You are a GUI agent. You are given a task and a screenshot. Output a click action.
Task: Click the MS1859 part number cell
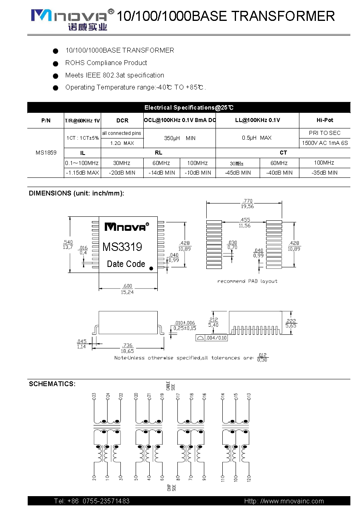coord(46,153)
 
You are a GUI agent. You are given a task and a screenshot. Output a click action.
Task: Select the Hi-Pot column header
coord(325,120)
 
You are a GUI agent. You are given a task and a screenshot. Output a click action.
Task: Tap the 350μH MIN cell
coord(179,138)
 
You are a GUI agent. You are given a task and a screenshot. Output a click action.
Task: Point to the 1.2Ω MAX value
coord(122,143)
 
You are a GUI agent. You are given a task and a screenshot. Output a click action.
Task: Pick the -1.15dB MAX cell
coord(83,173)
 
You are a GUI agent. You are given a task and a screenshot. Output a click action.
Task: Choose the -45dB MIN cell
coord(238,173)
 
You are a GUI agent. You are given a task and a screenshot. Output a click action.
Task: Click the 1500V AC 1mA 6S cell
coord(325,143)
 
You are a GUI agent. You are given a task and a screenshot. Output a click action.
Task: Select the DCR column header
coord(122,120)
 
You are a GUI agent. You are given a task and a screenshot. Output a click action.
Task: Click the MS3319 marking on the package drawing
coord(122,247)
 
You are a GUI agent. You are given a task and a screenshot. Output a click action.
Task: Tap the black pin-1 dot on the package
coord(151,268)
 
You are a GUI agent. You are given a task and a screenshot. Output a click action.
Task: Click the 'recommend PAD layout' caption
coord(247,281)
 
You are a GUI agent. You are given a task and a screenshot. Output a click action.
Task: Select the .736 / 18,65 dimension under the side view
coord(128,348)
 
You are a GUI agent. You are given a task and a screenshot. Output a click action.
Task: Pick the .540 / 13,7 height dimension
coord(68,244)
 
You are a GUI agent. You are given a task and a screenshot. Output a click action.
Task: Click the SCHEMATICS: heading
coord(52,384)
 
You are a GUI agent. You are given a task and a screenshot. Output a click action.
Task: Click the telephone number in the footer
coord(92,501)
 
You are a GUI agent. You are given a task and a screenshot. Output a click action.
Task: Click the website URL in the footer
coord(284,501)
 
